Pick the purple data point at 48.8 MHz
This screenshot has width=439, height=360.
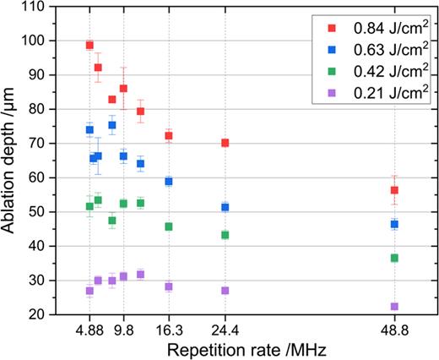394,306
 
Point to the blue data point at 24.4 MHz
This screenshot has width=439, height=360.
225,207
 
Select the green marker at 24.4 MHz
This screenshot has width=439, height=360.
225,234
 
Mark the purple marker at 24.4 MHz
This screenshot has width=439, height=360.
225,290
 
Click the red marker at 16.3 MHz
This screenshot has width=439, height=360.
169,135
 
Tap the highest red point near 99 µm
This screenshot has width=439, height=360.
89,45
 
